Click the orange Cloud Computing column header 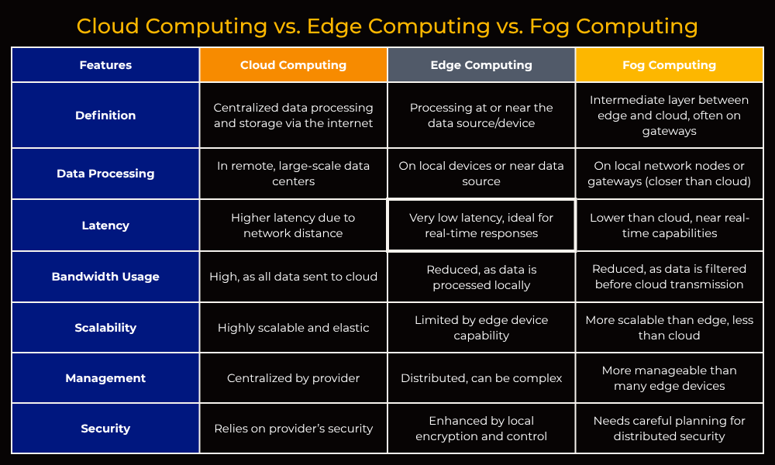(293, 65)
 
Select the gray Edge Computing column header (481, 65)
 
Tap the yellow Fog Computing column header (670, 65)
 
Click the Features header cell (105, 65)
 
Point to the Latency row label (105, 226)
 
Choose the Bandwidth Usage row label (105, 277)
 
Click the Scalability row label (105, 328)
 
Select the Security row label (105, 429)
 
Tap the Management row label (105, 378)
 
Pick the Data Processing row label (105, 174)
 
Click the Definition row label (105, 115)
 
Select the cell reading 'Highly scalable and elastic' (293, 328)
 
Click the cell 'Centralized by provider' (293, 378)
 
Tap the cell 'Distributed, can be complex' (481, 378)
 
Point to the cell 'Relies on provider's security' (293, 429)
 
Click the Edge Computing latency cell (481, 226)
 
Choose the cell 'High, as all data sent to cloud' (293, 277)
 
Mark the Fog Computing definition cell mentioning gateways (670, 115)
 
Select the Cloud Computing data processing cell (293, 174)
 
